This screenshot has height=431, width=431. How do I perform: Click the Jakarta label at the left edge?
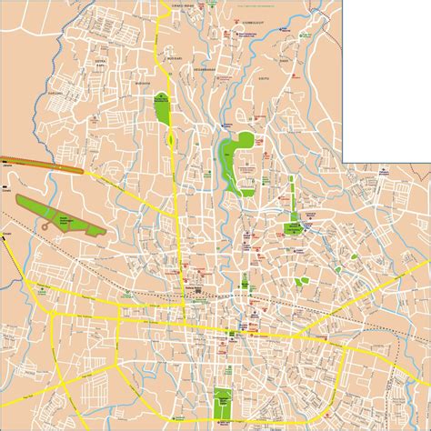tap(6, 166)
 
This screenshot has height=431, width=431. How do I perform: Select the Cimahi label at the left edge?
tap(6, 193)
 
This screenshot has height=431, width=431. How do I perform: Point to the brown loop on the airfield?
tap(43, 222)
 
